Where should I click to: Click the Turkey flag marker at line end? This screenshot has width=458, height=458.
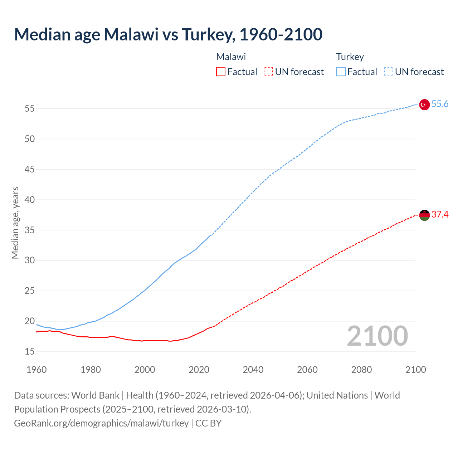click(x=424, y=104)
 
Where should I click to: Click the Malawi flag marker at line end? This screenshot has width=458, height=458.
click(x=424, y=215)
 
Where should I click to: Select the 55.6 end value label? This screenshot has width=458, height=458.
click(x=440, y=104)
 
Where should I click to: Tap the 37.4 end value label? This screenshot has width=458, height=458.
click(x=440, y=215)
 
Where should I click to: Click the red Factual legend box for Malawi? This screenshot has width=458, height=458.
click(x=221, y=72)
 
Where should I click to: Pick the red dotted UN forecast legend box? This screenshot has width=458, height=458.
click(x=268, y=72)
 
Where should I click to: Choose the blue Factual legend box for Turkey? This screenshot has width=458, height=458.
click(x=341, y=72)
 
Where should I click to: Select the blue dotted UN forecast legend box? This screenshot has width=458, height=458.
click(x=388, y=72)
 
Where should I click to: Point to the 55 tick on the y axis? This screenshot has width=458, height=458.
click(x=30, y=108)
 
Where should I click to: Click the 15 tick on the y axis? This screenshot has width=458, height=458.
click(x=30, y=352)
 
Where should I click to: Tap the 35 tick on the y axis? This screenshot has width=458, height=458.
click(x=30, y=230)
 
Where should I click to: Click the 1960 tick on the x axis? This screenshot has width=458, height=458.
click(x=36, y=370)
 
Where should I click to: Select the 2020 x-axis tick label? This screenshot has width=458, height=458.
click(x=199, y=370)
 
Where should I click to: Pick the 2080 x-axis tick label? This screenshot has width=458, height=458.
click(x=361, y=370)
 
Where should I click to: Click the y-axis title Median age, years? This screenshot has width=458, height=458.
click(x=15, y=223)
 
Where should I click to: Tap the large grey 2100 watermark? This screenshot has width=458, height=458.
click(x=377, y=336)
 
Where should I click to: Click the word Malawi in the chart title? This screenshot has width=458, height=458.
click(x=131, y=34)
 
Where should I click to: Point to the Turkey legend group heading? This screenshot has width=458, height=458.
click(x=350, y=57)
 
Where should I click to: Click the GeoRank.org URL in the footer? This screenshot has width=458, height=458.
click(x=101, y=423)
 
